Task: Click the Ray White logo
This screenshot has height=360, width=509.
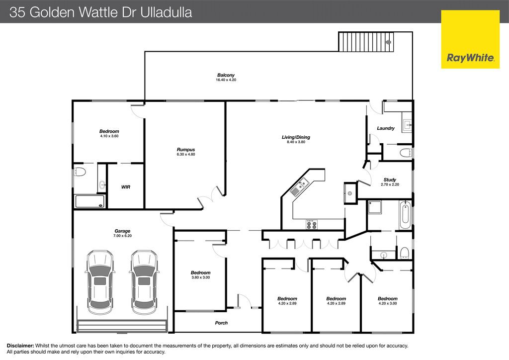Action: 470,39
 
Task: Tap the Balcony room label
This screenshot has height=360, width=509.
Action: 226,75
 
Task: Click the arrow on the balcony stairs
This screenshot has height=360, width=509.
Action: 388,42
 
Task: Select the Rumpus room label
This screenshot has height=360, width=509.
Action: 186,150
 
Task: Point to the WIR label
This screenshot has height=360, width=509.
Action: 126,187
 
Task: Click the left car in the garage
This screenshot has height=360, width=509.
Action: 100,279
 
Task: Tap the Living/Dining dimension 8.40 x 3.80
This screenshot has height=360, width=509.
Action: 296,142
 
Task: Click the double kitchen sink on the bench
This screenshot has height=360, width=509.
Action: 299,188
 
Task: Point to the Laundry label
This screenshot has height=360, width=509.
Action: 386,128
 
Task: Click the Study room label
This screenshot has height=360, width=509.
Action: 390,180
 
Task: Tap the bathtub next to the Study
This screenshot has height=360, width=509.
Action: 405,215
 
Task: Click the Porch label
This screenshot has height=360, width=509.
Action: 221,323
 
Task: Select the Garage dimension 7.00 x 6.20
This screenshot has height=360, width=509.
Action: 122,236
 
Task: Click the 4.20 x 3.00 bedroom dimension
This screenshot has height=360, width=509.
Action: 388,303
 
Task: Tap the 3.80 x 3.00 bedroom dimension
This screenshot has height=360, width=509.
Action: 201,277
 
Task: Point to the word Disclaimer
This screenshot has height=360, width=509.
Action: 20,346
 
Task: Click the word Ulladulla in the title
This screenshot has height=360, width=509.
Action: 166,12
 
